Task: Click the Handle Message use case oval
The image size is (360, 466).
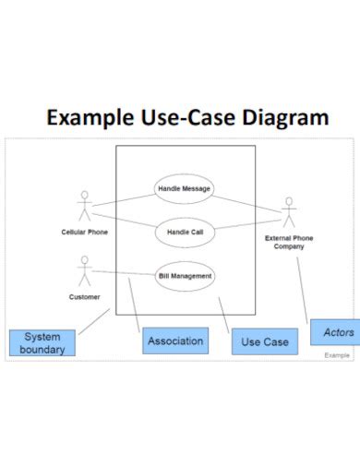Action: click(x=185, y=189)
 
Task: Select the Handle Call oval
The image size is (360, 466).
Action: click(x=185, y=233)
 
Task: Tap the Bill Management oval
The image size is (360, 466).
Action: click(x=185, y=275)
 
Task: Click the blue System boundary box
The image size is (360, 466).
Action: click(x=42, y=343)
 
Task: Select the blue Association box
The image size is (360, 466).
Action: click(x=175, y=341)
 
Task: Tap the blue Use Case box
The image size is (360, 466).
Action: click(x=265, y=342)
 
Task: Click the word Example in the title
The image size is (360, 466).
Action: click(x=91, y=118)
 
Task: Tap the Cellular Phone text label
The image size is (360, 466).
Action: click(x=85, y=233)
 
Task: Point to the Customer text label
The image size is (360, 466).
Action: click(x=85, y=297)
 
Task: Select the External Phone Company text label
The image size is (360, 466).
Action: click(x=289, y=243)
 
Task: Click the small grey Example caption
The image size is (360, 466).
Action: click(x=337, y=355)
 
